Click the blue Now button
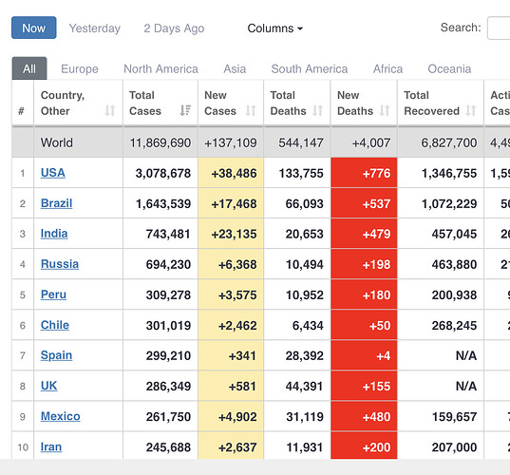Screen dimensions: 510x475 [x=34, y=28]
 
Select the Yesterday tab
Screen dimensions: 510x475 [x=95, y=28]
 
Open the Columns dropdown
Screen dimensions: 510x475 [x=275, y=28]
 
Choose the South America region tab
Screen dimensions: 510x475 [x=310, y=69]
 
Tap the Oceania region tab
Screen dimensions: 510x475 [x=449, y=69]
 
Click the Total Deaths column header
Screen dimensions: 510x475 [x=289, y=103]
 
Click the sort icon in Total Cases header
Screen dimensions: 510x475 [x=185, y=110]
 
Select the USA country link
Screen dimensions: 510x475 [x=52, y=173]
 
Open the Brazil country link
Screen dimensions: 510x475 [x=56, y=203]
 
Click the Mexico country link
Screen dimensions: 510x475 [x=60, y=416]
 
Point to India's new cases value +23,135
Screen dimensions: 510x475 [x=234, y=234]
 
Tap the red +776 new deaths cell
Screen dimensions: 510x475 [x=364, y=173]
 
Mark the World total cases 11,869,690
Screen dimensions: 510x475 [x=161, y=142]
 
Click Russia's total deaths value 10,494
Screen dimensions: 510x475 [x=305, y=264]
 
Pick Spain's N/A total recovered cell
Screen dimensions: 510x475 [x=466, y=355]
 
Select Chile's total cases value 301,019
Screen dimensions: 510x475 [x=168, y=325]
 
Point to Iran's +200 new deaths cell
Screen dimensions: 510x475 [x=364, y=447]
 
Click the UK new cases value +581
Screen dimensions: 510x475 [x=242, y=387]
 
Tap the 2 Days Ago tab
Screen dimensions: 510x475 [x=174, y=28]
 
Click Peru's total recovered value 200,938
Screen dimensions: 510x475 [x=454, y=295]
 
